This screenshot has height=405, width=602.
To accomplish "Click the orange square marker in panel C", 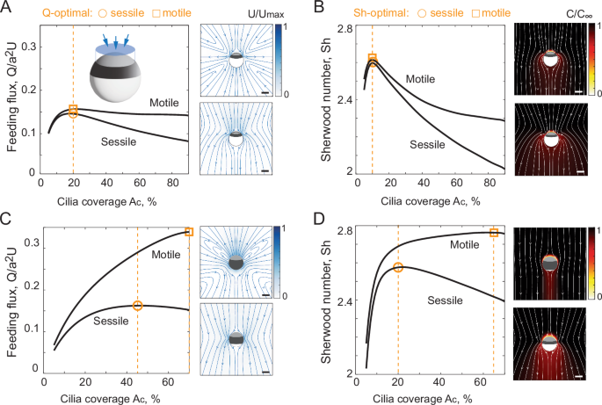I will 189,232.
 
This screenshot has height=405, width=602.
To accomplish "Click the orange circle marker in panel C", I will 137,306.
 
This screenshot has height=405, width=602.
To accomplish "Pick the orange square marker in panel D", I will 494,233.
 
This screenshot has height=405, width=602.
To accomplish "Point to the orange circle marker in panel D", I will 398,267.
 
